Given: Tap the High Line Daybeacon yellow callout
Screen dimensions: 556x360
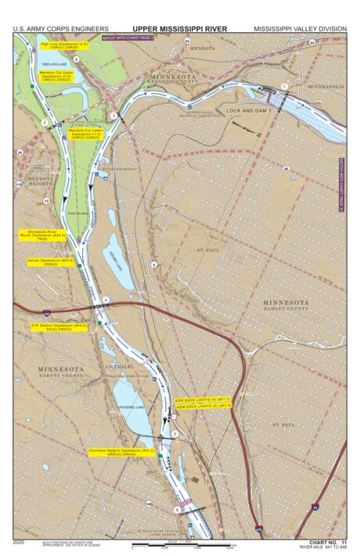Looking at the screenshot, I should [x=59, y=46].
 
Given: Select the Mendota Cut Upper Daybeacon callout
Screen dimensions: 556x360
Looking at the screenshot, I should [x=56, y=76].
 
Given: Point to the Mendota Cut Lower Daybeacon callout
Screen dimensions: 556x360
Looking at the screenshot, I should [x=85, y=134].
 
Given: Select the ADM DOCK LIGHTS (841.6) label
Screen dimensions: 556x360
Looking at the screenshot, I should [x=203, y=407].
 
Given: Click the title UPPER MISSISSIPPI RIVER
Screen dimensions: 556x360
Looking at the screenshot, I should [x=180, y=29].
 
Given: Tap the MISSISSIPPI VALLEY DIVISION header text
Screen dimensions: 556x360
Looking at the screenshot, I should [x=300, y=29].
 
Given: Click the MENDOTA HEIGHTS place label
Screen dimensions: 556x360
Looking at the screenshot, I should [x=39, y=183].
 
